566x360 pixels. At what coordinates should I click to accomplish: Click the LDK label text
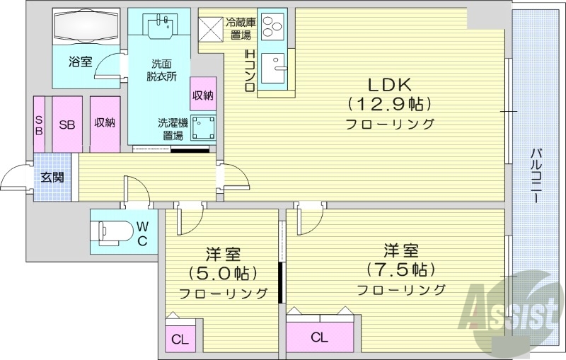(388, 83)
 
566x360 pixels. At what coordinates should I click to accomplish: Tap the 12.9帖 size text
(389, 104)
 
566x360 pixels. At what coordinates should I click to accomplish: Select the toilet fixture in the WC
(113, 231)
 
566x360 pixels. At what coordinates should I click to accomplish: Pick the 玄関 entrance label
(52, 177)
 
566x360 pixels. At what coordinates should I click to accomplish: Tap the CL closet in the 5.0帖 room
(180, 339)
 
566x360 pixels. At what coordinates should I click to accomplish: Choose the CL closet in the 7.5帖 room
(319, 337)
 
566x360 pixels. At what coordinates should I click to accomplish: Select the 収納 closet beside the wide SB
(105, 124)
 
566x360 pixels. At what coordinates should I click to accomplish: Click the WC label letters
(142, 233)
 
